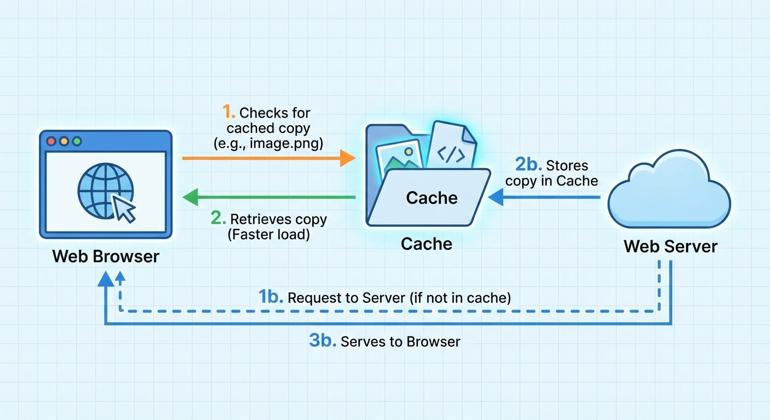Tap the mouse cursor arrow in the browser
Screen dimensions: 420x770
[x=124, y=209]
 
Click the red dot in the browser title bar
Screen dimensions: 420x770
[x=52, y=141]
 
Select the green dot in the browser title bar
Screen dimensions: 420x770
[x=77, y=141]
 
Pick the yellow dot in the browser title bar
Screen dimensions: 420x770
[x=64, y=141]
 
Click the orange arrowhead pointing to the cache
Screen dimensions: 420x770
[x=348, y=158]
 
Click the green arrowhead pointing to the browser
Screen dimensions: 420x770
[x=190, y=197]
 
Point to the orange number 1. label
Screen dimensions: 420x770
[x=229, y=113]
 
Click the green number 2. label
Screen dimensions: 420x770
[x=218, y=219]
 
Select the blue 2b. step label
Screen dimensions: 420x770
[x=528, y=165]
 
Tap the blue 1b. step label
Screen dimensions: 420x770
[x=270, y=297]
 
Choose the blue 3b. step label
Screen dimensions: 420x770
[x=322, y=341]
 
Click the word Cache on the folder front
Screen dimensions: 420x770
[x=431, y=197]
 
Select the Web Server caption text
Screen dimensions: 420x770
[x=670, y=246]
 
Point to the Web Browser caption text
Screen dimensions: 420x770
[x=106, y=256]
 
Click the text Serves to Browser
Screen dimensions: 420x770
[x=400, y=342]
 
